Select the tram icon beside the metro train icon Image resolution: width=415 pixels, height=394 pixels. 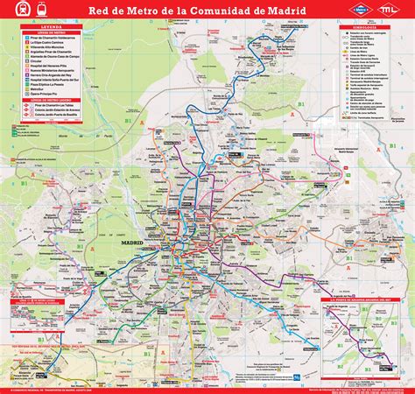pyautogui.click(x=32, y=11)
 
